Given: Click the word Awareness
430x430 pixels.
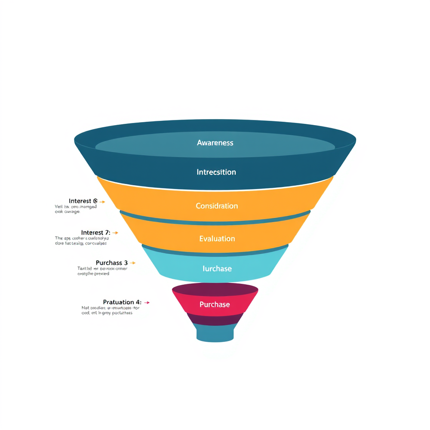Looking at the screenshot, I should tap(215, 143).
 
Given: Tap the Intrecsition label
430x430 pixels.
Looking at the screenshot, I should tap(216, 172).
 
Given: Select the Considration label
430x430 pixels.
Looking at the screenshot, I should tap(217, 206).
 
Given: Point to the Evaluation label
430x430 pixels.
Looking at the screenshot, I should tap(217, 239).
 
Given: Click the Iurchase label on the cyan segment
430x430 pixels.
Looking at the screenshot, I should tap(217, 269).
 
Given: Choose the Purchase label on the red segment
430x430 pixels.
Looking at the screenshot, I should tap(215, 304).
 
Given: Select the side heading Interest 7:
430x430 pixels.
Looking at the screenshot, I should tap(95, 233).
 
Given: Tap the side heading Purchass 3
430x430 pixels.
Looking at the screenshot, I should tap(112, 262).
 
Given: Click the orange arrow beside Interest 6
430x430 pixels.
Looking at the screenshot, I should tap(102, 201).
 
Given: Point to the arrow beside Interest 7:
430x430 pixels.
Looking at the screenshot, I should tap(115, 233).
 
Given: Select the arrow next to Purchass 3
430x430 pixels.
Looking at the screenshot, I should tap(132, 263).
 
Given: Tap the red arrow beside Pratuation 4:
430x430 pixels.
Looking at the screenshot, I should tap(147, 303).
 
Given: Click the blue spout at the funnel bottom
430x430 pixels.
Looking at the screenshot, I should tap(215, 334).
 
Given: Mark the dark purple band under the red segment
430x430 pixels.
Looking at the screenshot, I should tap(215, 319).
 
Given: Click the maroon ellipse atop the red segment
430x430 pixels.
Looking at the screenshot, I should tap(215, 289).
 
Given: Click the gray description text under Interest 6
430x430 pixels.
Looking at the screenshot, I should tap(76, 209).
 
